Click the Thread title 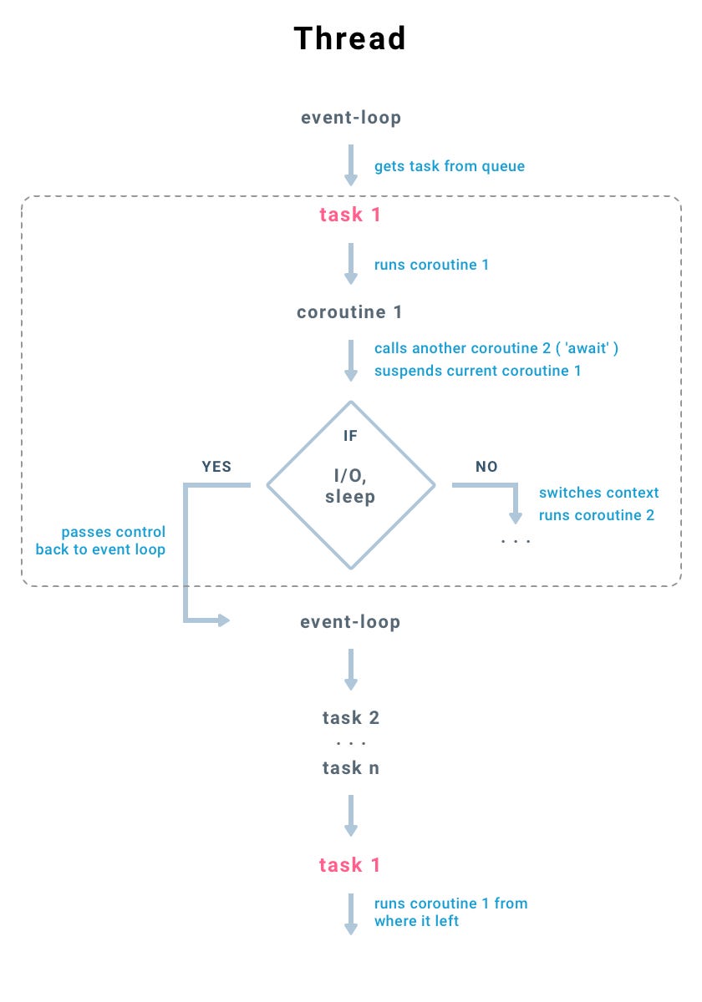click(x=349, y=38)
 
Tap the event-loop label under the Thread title click(x=350, y=118)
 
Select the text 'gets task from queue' click(x=450, y=166)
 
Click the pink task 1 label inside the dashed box click(x=349, y=215)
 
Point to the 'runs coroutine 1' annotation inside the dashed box click(x=431, y=265)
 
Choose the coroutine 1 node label click(x=349, y=312)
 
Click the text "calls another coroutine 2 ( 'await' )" click(x=496, y=348)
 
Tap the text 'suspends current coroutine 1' click(x=477, y=371)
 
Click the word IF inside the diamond click(x=350, y=436)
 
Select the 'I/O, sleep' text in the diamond click(x=350, y=486)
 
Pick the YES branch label click(x=216, y=467)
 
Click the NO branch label click(x=486, y=467)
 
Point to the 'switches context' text click(x=598, y=493)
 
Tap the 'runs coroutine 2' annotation click(x=597, y=515)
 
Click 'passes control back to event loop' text click(x=101, y=541)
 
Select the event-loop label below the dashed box click(x=350, y=622)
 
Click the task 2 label click(x=350, y=718)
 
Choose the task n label click(x=350, y=768)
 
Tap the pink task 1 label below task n click(x=349, y=865)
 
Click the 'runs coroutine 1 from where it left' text click(x=450, y=913)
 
